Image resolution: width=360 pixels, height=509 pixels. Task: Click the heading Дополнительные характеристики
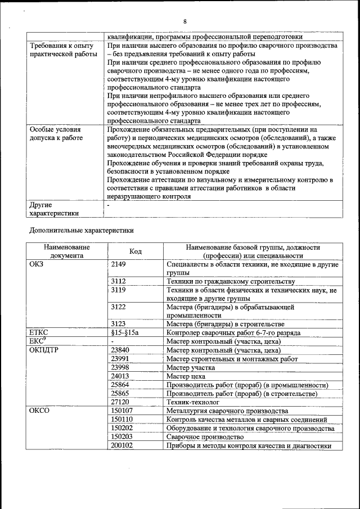pos(81,230)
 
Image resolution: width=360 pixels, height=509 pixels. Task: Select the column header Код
pos(135,251)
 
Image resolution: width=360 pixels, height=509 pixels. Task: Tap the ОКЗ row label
pos(36,263)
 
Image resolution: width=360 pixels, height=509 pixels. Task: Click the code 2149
pos(119,263)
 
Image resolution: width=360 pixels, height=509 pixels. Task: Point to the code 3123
pos(118,324)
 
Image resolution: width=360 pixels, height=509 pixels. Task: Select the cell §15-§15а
pos(124,332)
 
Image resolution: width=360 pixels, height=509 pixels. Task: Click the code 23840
pos(120,350)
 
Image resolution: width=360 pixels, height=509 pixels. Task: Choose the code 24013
pos(120,376)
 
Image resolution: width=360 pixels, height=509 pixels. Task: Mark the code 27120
pos(120,402)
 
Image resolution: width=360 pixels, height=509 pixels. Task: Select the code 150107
pos(122,411)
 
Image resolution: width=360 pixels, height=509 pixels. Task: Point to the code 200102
pos(122,445)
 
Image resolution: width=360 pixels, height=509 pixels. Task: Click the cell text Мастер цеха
pos(186,376)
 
